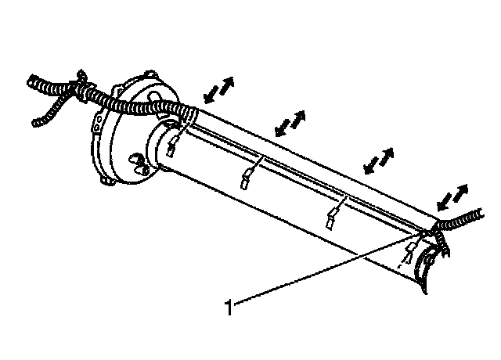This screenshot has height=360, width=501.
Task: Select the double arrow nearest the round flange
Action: click(218, 88)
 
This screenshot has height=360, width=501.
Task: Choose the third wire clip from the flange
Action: click(332, 218)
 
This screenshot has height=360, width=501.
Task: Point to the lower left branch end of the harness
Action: click(35, 122)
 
